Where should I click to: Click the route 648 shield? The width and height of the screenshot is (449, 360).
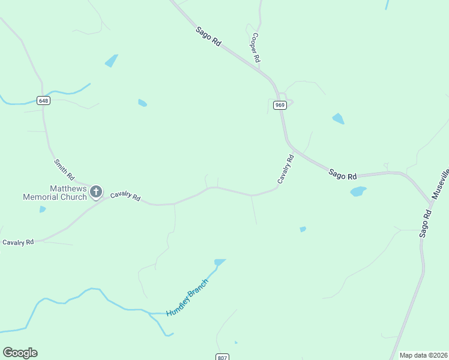[x=43, y=101]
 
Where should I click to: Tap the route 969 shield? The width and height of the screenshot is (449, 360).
[x=280, y=105]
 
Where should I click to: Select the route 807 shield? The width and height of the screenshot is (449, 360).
[x=222, y=357]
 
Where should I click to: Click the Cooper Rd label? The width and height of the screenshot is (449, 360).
[x=256, y=47]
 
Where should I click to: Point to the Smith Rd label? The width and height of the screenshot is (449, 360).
[x=64, y=170]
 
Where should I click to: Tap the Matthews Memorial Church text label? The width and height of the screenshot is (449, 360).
[x=55, y=193]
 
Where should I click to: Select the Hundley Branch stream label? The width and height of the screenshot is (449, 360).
[x=187, y=298]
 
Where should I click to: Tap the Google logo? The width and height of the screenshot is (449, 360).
[x=20, y=353]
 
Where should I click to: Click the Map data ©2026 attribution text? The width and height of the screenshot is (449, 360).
[x=424, y=355]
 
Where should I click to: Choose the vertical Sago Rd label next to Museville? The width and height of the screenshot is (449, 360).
[x=426, y=223]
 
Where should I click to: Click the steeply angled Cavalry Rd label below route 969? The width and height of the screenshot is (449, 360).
[x=285, y=169]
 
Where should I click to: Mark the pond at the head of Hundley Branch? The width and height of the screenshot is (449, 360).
[x=220, y=262]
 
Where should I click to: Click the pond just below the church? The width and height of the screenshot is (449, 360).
[x=42, y=209]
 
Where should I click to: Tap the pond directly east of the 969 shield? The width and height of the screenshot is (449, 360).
[x=339, y=119]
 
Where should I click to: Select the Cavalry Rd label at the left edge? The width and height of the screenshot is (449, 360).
[x=17, y=242]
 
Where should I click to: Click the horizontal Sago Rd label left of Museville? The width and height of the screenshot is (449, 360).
[x=343, y=175]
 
